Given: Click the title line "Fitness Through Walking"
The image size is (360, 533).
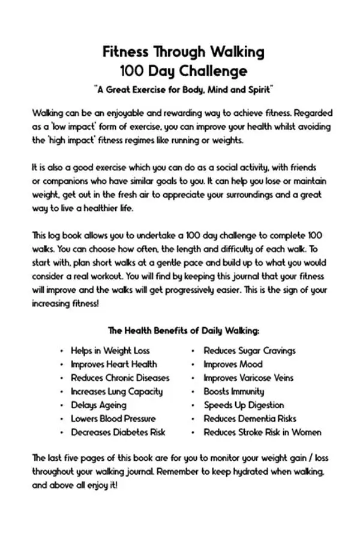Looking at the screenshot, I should click(183, 52).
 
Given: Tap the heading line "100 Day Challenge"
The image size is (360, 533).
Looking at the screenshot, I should click(183, 71).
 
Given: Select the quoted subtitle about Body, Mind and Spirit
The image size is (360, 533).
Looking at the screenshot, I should click(184, 89).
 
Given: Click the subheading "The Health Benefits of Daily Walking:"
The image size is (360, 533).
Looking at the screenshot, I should click(184, 331).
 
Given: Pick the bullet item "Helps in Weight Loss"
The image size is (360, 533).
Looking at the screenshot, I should click(110, 350).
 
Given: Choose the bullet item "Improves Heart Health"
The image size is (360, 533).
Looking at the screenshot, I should click(113, 364).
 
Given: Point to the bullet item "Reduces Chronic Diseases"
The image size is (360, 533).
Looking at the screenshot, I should click(120, 378).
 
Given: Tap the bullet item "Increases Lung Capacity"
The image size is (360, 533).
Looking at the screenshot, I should click(116, 391).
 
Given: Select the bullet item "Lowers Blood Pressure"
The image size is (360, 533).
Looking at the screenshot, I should click(113, 418).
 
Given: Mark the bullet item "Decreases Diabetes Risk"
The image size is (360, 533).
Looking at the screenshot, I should click(118, 432).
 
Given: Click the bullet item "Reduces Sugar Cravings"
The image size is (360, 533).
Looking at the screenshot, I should click(249, 350).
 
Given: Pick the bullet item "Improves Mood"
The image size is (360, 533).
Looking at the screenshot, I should click(233, 364).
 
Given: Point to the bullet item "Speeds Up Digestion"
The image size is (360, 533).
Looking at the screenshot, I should click(244, 405).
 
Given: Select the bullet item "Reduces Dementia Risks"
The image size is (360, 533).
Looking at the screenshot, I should click(250, 418).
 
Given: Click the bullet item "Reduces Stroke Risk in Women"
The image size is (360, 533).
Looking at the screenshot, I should click(262, 432).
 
